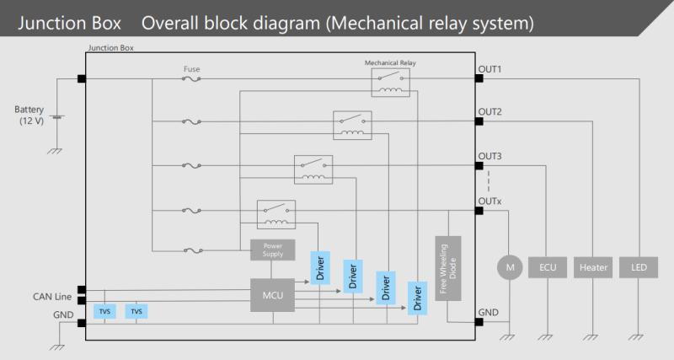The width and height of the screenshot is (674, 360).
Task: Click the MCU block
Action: pyautogui.click(x=272, y=295)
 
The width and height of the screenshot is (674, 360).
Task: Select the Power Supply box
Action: pyautogui.click(x=272, y=250)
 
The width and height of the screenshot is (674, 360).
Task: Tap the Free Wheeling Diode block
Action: pyautogui.click(x=448, y=268)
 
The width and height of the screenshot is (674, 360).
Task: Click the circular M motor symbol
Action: pyautogui.click(x=509, y=267)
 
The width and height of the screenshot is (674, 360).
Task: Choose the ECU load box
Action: pyautogui.click(x=548, y=267)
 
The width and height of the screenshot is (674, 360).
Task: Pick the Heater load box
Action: pyautogui.click(x=593, y=267)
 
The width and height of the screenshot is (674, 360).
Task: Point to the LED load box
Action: pyautogui.click(x=639, y=267)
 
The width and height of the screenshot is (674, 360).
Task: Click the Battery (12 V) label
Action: pyautogui.click(x=34, y=116)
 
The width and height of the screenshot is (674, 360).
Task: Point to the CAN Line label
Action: pyautogui.click(x=51, y=296)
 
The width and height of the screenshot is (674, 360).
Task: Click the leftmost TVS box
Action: pyautogui.click(x=105, y=311)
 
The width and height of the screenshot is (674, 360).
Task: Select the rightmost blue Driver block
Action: pyautogui.click(x=416, y=298)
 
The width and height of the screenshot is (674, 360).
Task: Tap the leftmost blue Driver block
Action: pyautogui.click(x=320, y=267)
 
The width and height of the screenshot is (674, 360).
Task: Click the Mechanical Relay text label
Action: pyautogui.click(x=390, y=62)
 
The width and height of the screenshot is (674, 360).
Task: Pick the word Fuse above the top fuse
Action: pyautogui.click(x=191, y=69)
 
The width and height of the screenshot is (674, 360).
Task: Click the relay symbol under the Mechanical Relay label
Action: pyautogui.click(x=390, y=83)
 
